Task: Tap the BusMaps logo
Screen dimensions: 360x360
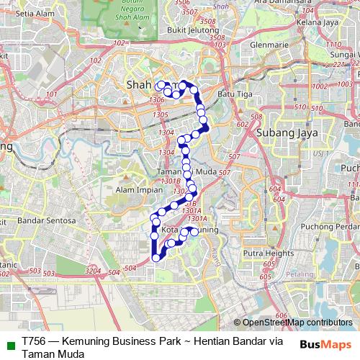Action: pos(325,344)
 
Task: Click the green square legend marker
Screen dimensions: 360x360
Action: pos(10,343)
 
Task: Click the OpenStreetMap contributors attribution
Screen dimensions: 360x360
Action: pos(297,323)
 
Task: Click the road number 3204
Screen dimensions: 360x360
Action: pos(93,269)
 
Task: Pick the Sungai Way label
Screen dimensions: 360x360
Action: pos(345,53)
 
